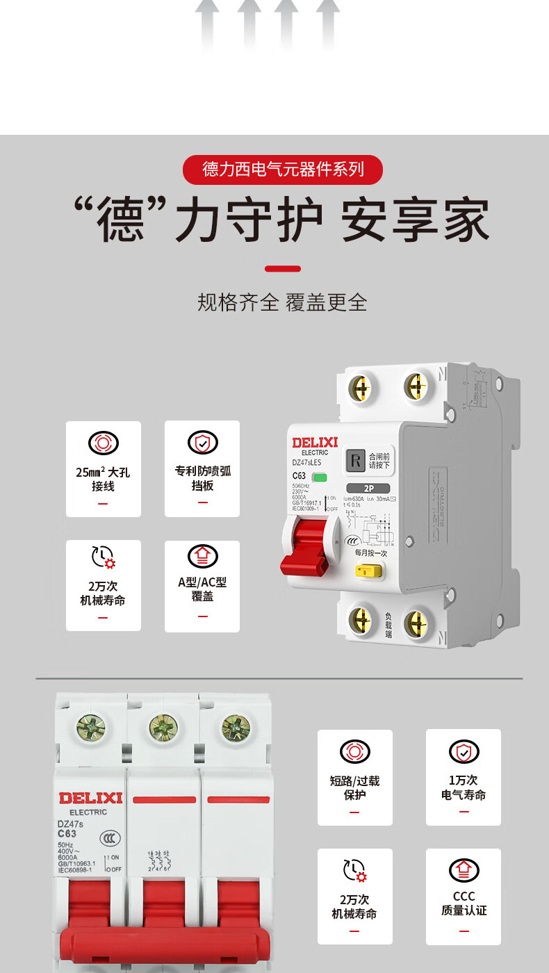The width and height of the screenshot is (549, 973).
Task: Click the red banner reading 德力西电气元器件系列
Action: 283,170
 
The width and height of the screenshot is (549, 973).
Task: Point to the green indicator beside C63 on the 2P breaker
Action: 320,477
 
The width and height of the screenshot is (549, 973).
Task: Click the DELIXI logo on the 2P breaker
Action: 315,443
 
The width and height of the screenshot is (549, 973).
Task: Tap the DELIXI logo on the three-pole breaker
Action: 90,798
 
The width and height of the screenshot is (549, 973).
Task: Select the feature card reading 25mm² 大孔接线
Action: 104,468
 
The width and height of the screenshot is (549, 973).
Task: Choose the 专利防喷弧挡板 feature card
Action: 202,468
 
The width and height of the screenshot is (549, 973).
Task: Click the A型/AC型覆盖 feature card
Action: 202,586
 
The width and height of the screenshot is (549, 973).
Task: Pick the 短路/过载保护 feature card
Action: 355,777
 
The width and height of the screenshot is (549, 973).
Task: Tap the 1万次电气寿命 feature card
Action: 464,777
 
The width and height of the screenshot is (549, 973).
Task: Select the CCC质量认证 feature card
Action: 464,896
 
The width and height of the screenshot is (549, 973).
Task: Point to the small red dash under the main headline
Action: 283,268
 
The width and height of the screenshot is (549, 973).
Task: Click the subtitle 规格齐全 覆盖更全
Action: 283,302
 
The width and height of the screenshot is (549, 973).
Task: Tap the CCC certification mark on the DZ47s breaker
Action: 108,838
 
